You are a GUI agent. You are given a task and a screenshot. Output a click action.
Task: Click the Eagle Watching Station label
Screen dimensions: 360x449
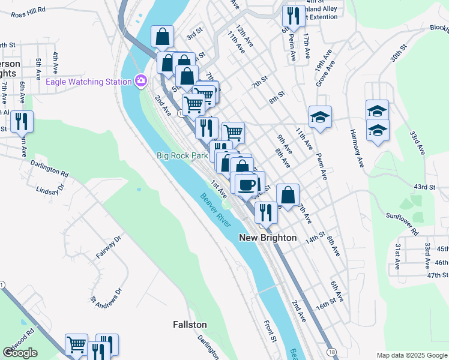(x=88, y=82)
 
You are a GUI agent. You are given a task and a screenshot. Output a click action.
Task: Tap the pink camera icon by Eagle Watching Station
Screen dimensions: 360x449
(x=142, y=80)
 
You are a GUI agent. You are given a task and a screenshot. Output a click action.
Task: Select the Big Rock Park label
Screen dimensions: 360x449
(x=182, y=155)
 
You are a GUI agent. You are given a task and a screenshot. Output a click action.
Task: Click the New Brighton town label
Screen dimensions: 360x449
(x=268, y=238)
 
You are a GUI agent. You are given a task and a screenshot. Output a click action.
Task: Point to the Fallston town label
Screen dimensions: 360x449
(x=190, y=325)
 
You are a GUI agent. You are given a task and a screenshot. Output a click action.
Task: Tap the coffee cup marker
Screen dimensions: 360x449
(x=246, y=184)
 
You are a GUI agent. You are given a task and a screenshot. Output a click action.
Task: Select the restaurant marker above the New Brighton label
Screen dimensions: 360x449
(x=265, y=212)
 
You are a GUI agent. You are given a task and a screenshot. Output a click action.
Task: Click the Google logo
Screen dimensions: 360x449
(x=20, y=353)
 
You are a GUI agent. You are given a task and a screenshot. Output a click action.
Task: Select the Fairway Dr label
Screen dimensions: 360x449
(x=109, y=247)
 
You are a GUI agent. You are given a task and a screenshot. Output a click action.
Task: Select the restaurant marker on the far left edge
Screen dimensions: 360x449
(x=22, y=122)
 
